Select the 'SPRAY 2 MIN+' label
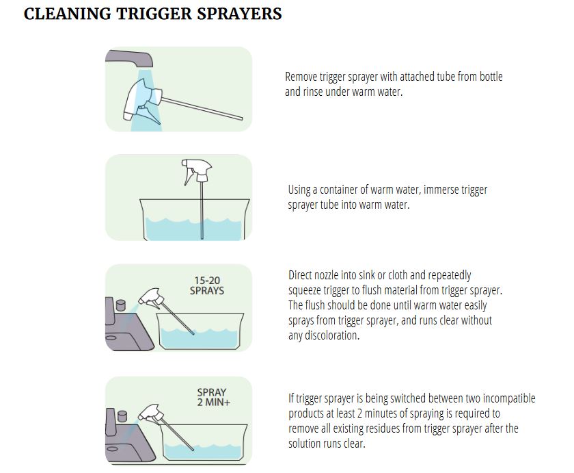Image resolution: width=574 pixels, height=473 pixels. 213,398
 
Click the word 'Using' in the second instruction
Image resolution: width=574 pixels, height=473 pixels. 300,190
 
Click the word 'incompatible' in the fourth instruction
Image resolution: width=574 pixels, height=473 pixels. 507,398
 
